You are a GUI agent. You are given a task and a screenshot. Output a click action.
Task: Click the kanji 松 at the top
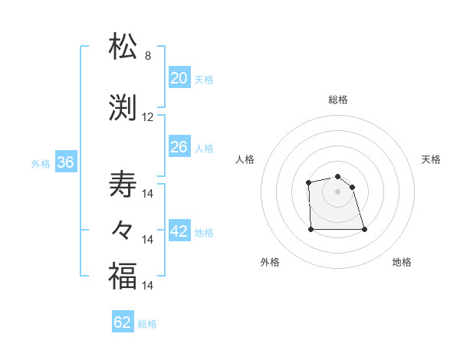pos(123,47)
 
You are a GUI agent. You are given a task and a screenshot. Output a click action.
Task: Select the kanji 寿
pos(123,185)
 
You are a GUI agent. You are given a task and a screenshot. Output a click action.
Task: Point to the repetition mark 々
pos(123,229)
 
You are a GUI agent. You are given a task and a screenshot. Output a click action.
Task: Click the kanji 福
pos(123,276)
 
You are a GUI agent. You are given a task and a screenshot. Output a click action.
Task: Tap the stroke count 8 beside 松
pos(148,56)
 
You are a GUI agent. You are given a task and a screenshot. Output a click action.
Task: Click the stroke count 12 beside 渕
pos(148,117)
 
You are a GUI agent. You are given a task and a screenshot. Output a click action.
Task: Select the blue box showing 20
pos(179,77)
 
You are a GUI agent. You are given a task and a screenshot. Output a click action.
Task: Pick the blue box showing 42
pos(179,231)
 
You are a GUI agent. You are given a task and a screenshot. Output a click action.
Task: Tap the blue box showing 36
pos(65,162)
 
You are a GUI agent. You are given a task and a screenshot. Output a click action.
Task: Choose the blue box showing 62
pos(123,322)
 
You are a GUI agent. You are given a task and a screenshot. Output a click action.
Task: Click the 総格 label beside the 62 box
pos(147,324)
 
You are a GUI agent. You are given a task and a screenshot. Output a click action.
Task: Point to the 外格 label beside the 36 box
pos(41,163)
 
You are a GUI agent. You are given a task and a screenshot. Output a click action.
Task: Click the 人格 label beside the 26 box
pos(204,148)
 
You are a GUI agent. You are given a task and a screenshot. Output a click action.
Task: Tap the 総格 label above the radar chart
pos(338,100)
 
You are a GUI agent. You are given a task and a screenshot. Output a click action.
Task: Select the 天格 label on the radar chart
pos(432,159)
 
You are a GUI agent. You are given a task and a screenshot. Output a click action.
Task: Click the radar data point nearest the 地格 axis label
pos(364,229)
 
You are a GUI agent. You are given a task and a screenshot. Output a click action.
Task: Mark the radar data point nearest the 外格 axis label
pos(310,229)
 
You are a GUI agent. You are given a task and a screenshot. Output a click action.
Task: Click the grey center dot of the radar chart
pos(337,191)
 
